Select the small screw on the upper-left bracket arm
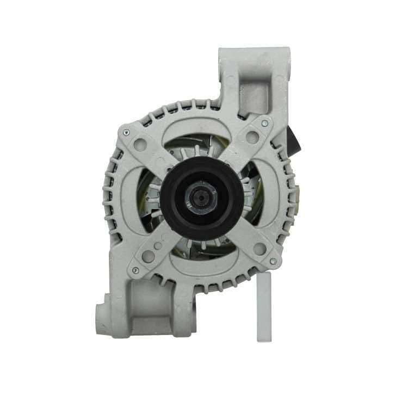(126, 131)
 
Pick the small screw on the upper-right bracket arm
(264, 123)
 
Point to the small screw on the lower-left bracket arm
(135, 270)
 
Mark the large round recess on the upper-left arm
(142, 144)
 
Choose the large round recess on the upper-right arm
(251, 137)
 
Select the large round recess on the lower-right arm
(260, 249)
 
